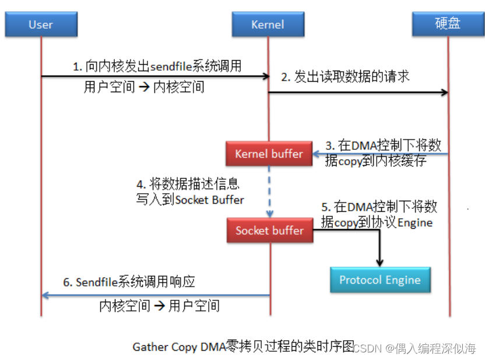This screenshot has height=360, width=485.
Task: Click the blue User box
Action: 41,24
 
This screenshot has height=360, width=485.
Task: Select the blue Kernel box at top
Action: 268,24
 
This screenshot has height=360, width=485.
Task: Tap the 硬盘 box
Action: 448,24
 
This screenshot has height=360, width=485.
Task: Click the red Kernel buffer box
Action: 269,154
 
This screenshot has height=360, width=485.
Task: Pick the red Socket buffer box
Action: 269,230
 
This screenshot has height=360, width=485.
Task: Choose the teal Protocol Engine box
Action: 379,280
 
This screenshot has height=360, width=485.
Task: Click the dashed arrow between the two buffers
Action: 269,190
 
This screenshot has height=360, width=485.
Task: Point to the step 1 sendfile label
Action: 157,67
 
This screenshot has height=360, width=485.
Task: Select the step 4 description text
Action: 189,191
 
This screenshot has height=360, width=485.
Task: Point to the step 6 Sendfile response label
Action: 129,282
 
